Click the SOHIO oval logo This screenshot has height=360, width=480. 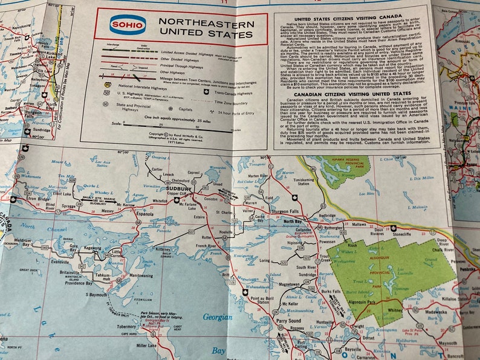pos(128,25)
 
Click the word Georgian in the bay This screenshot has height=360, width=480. pos(216,317)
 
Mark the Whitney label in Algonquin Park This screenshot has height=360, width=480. pos(395,310)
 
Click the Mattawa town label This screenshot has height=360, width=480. pos(359,223)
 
